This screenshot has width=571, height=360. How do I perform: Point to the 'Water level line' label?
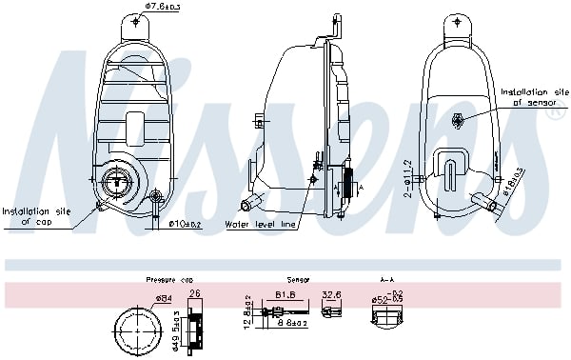[262, 225]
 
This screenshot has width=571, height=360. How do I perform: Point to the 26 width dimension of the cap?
[196, 293]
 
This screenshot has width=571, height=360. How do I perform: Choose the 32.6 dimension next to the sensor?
[332, 295]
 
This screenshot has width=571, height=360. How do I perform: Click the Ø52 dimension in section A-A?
[381, 300]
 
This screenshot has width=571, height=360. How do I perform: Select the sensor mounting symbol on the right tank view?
[459, 119]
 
